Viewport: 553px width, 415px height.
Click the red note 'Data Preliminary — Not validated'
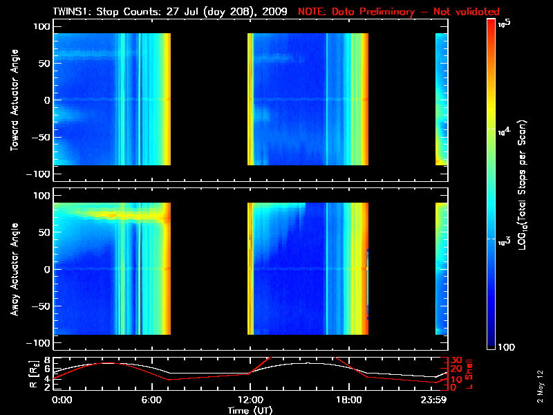398,12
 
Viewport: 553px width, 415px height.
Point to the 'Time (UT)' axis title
250,410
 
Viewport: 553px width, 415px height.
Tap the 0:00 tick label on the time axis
62,400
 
